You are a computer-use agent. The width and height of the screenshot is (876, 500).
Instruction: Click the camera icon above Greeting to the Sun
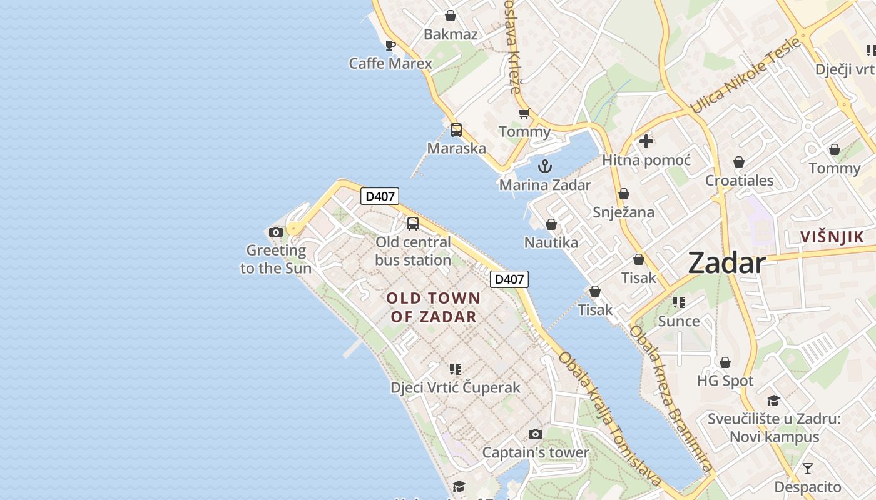point(275,232)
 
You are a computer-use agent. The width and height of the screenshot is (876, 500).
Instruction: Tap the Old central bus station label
point(413,251)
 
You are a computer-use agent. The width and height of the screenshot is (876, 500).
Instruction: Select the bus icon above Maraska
point(456,130)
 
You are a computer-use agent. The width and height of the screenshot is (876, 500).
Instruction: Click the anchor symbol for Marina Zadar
point(545,166)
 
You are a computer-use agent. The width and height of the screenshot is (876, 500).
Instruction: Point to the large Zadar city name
point(727,263)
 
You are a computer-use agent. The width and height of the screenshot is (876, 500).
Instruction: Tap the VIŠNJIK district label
point(832,237)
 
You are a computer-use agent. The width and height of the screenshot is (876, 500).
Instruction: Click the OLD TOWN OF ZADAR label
point(434,307)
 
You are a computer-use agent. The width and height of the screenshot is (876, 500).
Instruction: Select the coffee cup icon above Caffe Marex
point(390,45)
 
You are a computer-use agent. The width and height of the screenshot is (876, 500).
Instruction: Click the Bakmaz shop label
point(451,34)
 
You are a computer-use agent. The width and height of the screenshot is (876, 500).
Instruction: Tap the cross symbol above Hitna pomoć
point(646,141)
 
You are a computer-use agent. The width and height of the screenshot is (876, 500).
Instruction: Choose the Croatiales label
point(739,181)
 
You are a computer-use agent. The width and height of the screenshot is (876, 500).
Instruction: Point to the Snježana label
point(623,212)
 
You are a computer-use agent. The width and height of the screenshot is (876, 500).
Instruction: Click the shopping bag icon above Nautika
point(551,224)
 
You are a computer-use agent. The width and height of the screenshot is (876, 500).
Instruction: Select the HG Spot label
point(725,381)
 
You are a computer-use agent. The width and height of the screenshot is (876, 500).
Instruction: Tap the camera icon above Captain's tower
point(535,434)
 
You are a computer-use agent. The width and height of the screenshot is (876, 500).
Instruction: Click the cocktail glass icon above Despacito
point(808,468)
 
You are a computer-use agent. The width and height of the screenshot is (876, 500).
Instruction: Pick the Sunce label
point(679,321)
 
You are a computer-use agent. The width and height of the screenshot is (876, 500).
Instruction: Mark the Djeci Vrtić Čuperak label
point(456,387)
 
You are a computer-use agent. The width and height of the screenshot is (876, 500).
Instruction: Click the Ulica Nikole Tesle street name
point(745,76)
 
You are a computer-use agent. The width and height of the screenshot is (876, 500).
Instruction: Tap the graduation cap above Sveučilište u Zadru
point(774,401)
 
